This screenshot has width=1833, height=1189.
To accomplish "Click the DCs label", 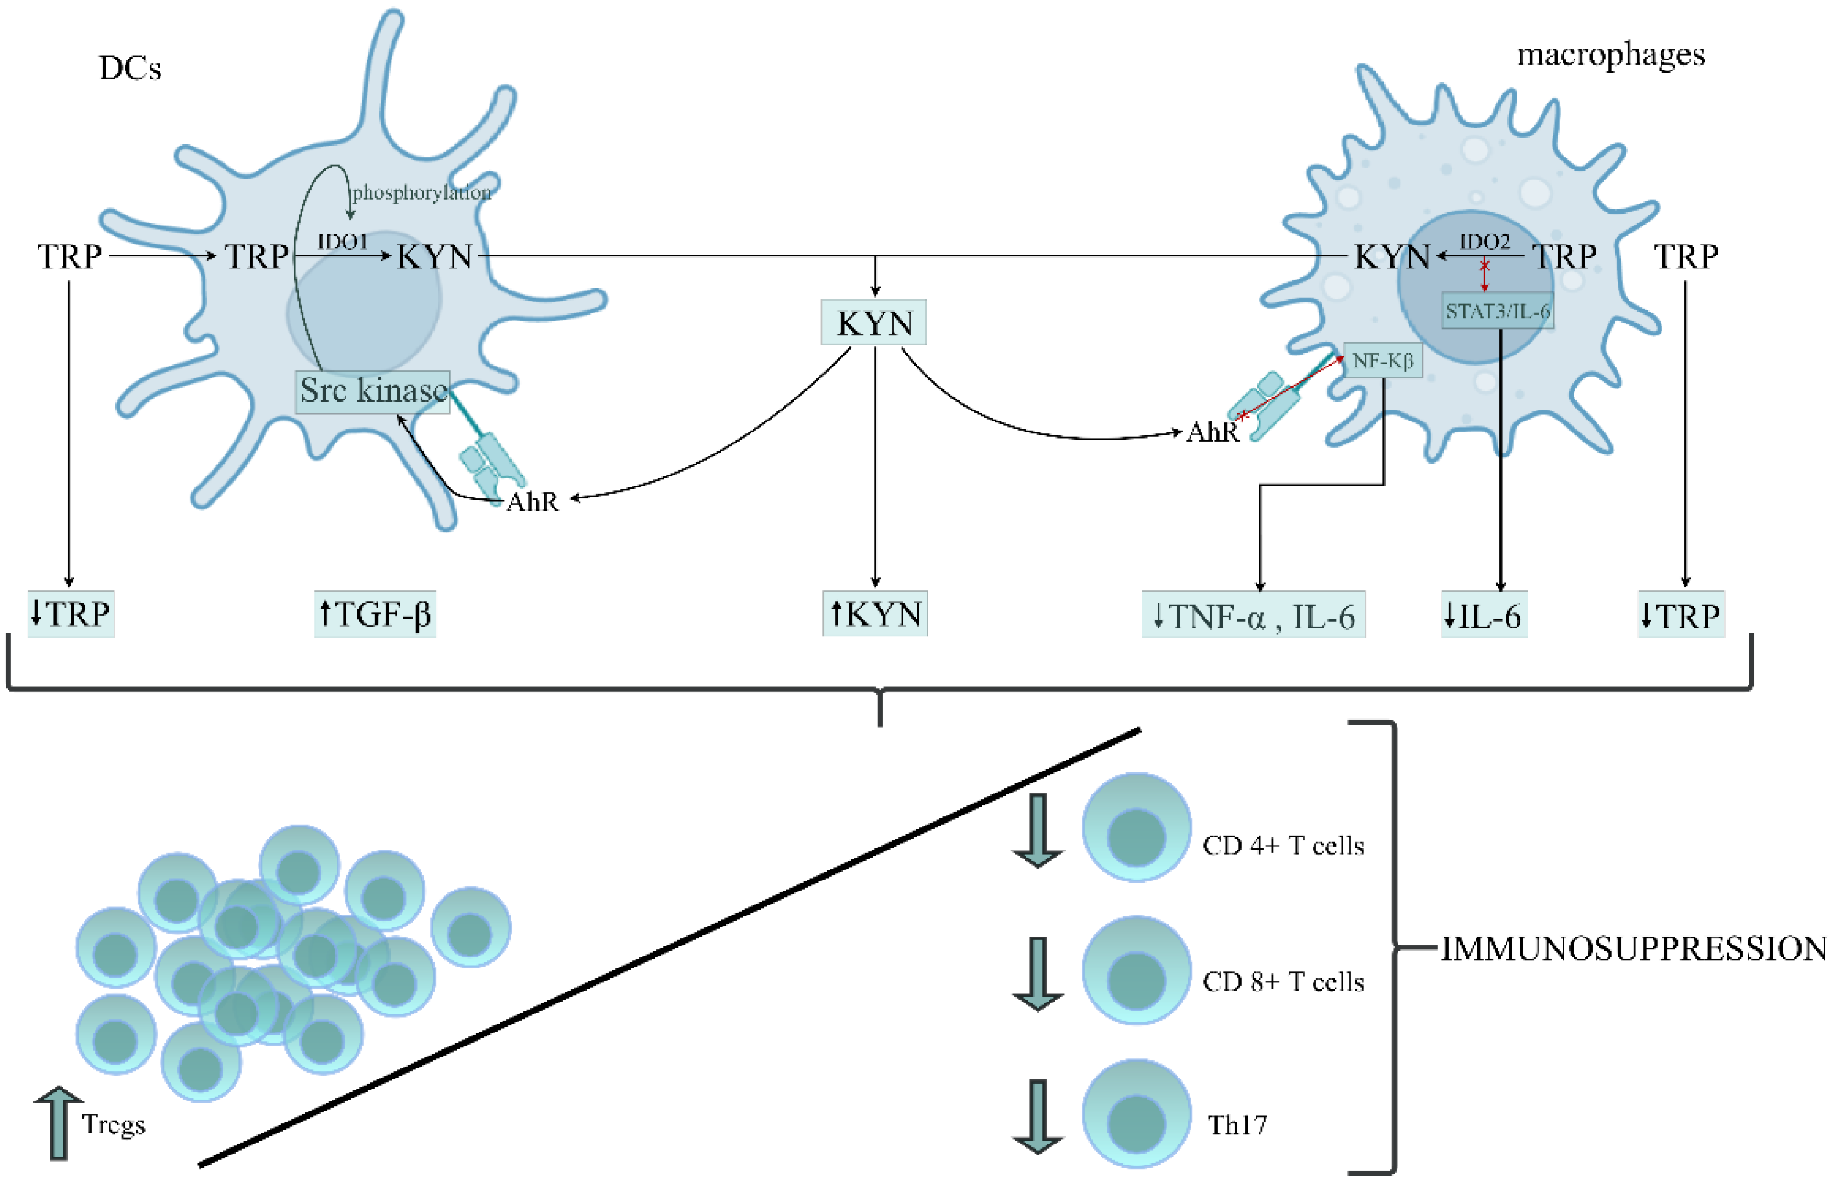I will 130,68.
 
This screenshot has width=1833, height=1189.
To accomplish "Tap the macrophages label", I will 1610,55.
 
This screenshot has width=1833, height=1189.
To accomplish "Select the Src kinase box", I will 373,391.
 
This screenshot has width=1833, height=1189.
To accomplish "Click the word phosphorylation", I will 421,193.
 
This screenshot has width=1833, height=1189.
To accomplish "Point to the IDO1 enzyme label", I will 343,242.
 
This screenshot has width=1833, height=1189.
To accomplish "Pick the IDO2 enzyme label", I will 1485,242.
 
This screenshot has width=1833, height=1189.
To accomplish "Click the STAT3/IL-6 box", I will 1497,311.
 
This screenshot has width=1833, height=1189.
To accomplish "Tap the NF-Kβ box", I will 1383,360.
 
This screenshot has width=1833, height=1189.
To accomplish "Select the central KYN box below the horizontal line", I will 874,323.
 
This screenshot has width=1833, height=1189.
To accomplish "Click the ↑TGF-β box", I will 375,615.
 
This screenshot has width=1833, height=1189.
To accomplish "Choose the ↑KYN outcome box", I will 875,615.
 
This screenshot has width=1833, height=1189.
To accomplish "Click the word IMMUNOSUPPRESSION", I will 1633,949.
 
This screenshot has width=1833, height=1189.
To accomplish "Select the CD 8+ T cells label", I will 1283,982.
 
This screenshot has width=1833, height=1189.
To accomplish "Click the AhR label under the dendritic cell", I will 532,502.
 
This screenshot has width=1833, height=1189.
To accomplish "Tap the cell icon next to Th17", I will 1136,1114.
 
